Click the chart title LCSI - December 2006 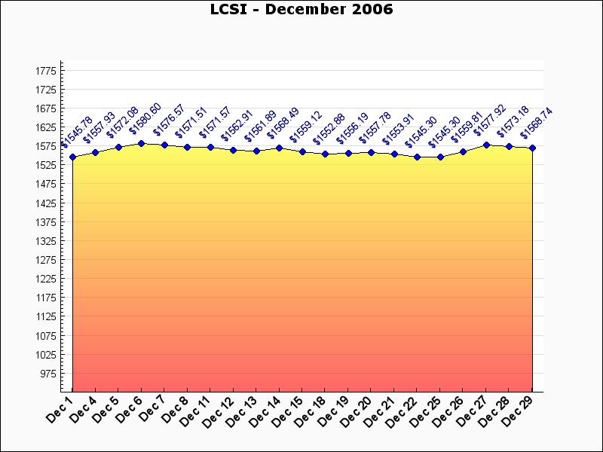[x=301, y=9]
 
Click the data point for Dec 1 [x=72, y=157]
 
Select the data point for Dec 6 [x=142, y=143]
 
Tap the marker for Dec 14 [x=280, y=148]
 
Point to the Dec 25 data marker [x=440, y=157]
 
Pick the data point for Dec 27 [x=486, y=145]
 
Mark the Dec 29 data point [x=532, y=148]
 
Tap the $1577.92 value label [x=490, y=121]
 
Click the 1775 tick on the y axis [x=46, y=71]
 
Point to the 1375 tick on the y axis [x=46, y=222]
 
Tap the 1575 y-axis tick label [x=46, y=146]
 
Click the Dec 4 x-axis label [x=84, y=409]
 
